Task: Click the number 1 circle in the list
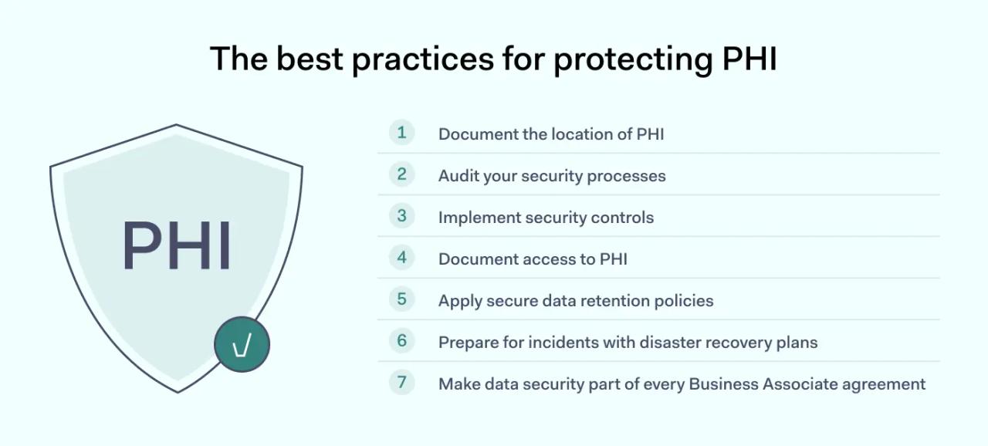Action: coord(401,133)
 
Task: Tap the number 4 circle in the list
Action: coord(401,258)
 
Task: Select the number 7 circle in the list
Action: coord(401,383)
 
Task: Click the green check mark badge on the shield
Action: coord(242,345)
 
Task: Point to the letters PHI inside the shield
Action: coord(177,245)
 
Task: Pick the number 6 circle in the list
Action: coord(401,341)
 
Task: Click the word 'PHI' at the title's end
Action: coord(749,59)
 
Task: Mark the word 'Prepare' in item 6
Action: coord(467,343)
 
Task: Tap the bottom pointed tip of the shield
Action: coord(178,391)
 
